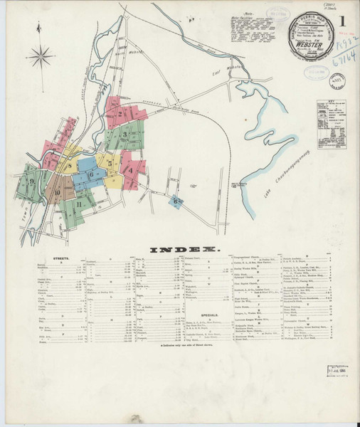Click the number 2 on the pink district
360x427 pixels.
(x=120, y=113)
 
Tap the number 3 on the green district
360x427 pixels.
(x=125, y=134)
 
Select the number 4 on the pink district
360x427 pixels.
(x=130, y=170)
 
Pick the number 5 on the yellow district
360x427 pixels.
(x=110, y=164)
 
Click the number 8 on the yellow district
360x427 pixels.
(x=69, y=167)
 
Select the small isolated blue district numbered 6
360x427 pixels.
(x=175, y=201)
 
